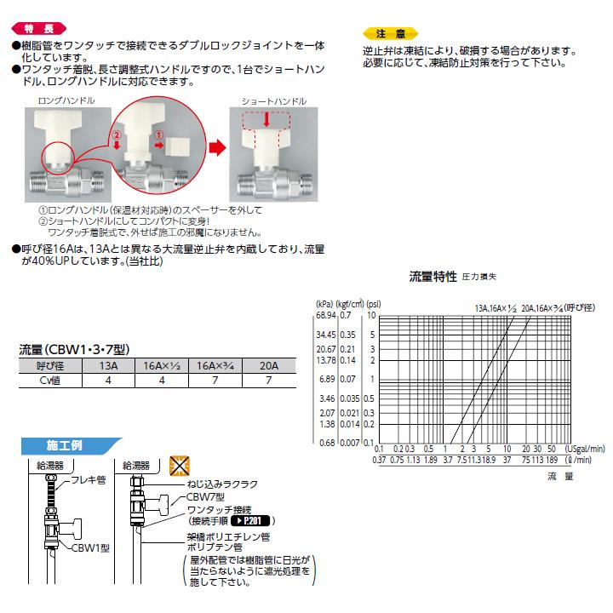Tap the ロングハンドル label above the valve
pyautogui.click(x=66, y=100)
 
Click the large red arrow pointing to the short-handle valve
pyautogui.click(x=219, y=147)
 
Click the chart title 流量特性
pyautogui.click(x=433, y=277)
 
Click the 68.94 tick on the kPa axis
pyautogui.click(x=325, y=315)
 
